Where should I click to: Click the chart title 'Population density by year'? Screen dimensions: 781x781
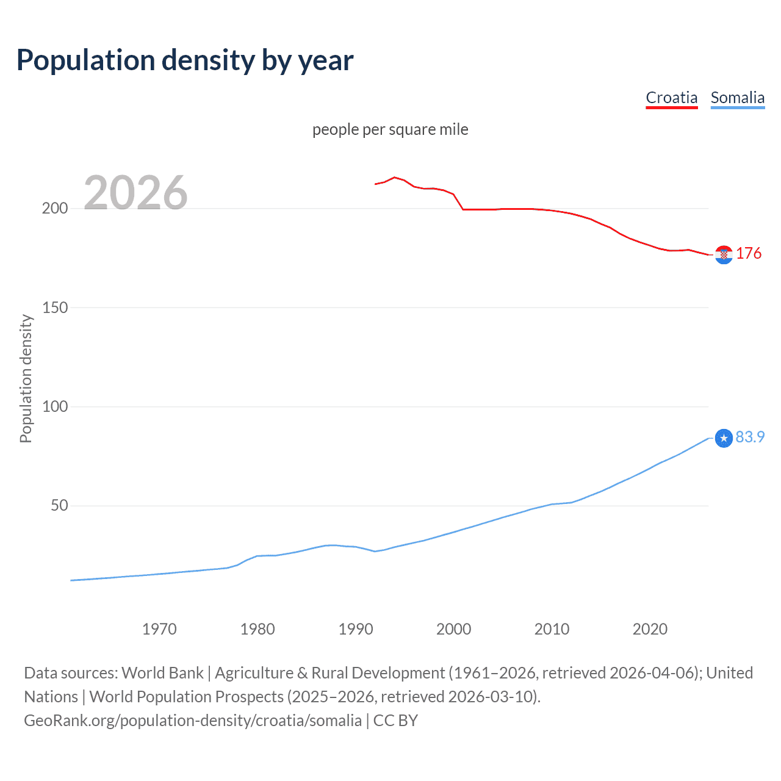pos(185,60)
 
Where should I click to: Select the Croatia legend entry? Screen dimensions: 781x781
pos(671,98)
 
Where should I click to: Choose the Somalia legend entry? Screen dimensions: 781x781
pos(737,98)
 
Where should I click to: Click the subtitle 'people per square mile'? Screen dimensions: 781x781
pos(390,129)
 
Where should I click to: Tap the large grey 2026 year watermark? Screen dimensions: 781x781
pos(135,193)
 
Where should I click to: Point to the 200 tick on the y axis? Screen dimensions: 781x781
pos(55,208)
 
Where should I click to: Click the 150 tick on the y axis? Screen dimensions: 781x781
pos(55,308)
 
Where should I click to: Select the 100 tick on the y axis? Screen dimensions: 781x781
pos(55,406)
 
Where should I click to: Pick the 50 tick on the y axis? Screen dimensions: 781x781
pos(59,506)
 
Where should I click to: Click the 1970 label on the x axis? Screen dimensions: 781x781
pos(159,629)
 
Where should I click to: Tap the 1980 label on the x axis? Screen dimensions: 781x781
pos(257,629)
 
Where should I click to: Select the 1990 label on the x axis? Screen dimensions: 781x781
pos(356,629)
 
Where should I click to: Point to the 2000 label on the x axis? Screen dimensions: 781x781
pos(453,629)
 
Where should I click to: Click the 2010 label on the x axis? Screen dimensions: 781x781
pos(552,629)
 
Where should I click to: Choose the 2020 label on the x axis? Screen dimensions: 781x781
pos(650,629)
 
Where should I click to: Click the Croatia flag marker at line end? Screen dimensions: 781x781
pos(724,254)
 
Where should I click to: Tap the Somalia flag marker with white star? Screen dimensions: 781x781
pos(724,438)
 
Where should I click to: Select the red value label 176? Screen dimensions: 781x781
pos(749,253)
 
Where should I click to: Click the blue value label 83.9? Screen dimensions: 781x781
pos(750,437)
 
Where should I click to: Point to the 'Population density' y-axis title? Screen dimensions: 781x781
pos(26,378)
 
